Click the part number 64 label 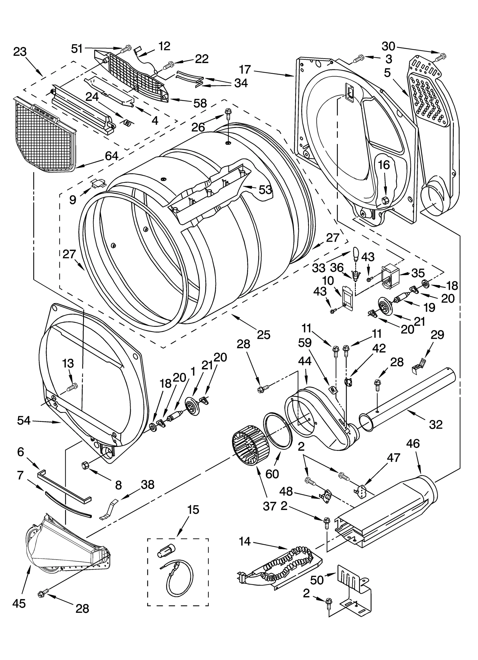111,156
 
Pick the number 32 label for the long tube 435,424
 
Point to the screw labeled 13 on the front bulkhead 72,388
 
